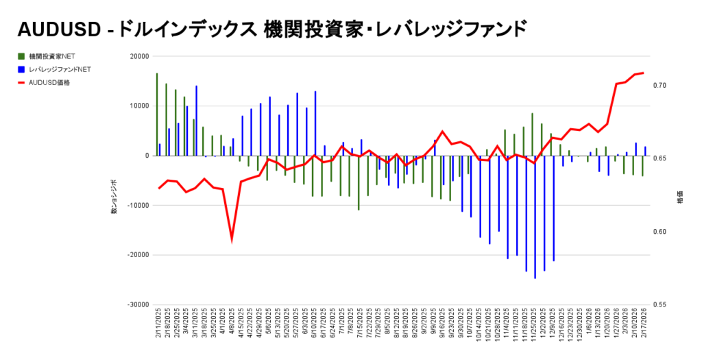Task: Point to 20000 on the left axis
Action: pyautogui.click(x=140, y=56)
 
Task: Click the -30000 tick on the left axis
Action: pyautogui.click(x=138, y=304)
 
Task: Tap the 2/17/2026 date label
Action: pyautogui.click(x=644, y=322)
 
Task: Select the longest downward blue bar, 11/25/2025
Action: pyautogui.click(x=535, y=217)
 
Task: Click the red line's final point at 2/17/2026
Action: pyautogui.click(x=643, y=73)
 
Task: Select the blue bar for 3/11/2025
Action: pyautogui.click(x=197, y=121)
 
